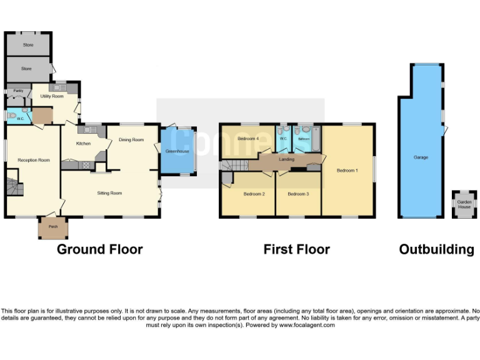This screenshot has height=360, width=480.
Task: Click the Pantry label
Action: point(17,91)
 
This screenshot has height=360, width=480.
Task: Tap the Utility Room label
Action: point(52,96)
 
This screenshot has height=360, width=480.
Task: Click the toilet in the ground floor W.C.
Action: point(12,116)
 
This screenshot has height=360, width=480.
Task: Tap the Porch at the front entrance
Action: point(52,229)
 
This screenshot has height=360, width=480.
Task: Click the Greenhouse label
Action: point(177,151)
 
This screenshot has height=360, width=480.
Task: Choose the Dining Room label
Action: point(131,140)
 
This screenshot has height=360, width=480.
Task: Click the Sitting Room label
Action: point(109,194)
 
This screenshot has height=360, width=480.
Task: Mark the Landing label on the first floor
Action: point(287,160)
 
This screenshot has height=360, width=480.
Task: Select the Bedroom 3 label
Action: point(298,194)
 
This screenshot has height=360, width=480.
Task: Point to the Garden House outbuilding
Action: point(464,205)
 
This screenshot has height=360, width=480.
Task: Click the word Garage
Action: point(421,157)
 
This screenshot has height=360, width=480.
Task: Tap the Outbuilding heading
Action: point(436,250)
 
